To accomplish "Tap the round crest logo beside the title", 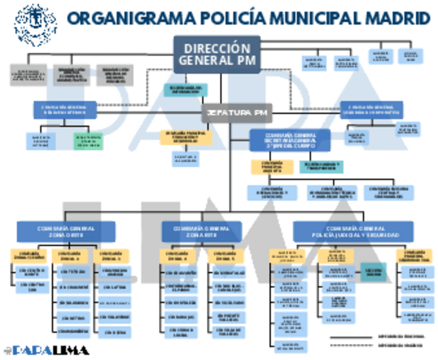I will [36, 24].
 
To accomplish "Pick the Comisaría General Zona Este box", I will [201, 231].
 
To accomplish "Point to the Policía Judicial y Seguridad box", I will [353, 231].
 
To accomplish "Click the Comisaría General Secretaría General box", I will [290, 139].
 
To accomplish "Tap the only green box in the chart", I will [88, 141].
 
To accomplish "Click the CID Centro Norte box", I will [32, 272].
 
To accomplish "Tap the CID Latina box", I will [114, 287].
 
